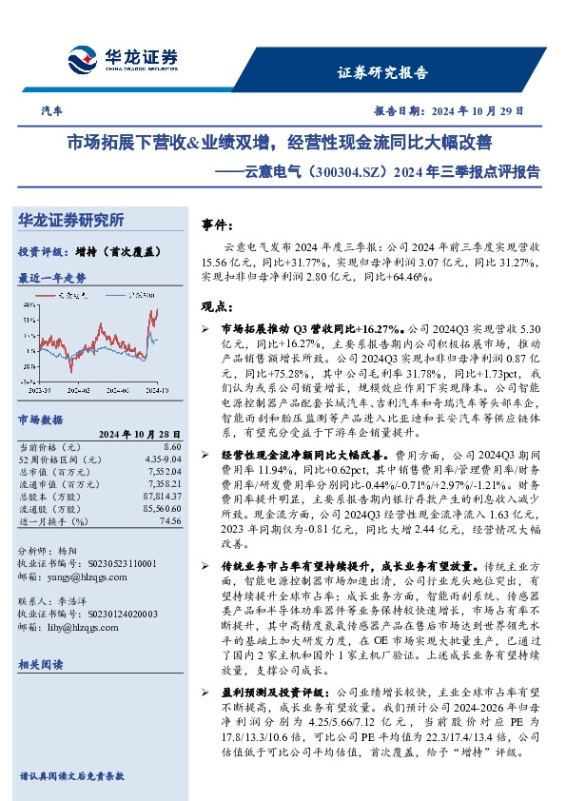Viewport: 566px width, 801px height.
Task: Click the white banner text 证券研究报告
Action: point(383,72)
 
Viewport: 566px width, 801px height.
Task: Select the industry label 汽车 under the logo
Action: point(53,111)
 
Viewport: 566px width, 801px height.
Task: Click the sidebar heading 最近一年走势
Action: point(51,277)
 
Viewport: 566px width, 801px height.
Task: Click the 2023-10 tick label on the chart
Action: point(39,389)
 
